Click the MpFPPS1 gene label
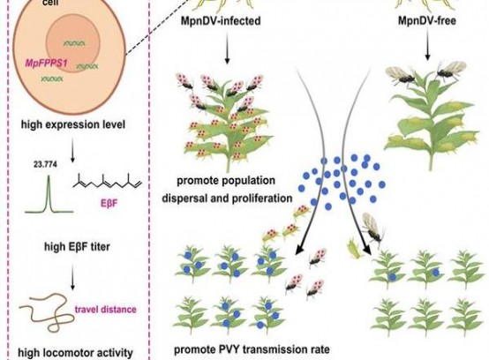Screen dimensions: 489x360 pos(46,64)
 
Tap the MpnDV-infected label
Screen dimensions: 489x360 pos(221,21)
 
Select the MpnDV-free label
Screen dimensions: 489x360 pos(427,21)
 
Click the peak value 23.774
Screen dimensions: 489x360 pos(46,164)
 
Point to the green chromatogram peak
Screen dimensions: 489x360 pos(49,194)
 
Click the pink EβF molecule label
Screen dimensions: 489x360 pos(109,204)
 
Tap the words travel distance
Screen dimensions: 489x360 pos(105,309)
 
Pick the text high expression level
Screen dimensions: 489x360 pos(73,124)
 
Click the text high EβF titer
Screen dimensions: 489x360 pos(77,247)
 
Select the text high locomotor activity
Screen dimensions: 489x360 pos(76,353)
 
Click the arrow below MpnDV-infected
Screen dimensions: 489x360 pos(227,49)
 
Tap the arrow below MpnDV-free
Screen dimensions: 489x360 pos(427,46)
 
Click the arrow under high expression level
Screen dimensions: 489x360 pos(72,150)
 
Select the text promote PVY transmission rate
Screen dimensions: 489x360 pos(252,349)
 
